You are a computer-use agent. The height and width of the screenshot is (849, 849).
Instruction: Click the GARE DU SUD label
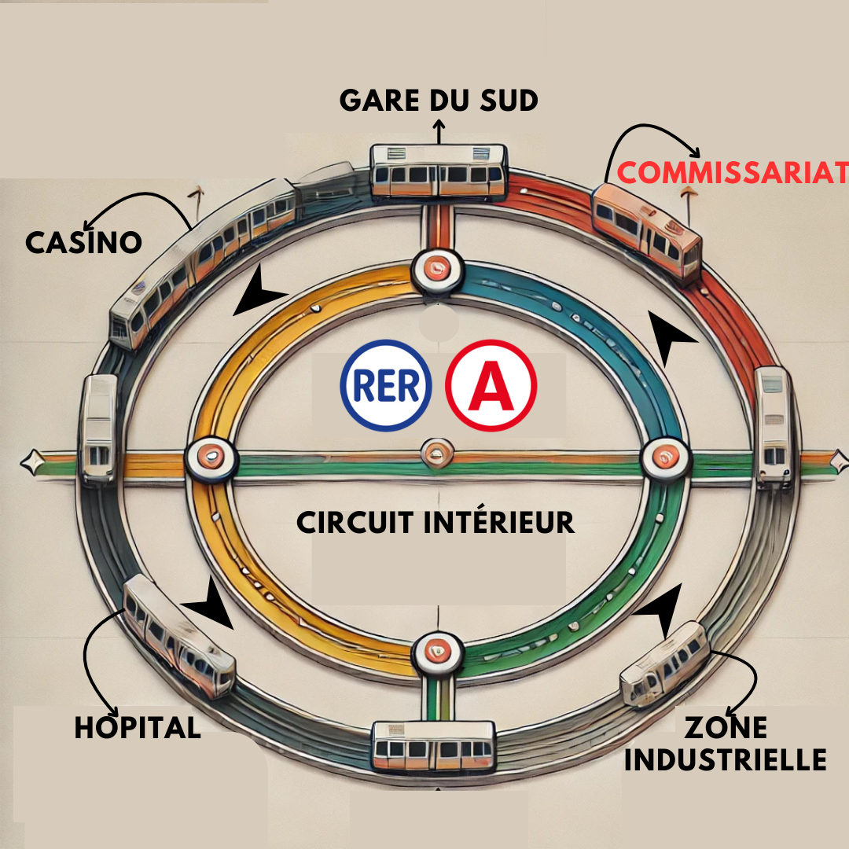coord(439,100)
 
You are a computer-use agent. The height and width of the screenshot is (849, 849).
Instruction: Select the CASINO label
coord(84,242)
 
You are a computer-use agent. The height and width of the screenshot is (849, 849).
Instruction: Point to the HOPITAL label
coord(138,726)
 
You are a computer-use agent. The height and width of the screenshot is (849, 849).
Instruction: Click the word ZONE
coord(726,727)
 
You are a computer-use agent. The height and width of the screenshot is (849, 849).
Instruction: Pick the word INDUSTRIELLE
coord(726,759)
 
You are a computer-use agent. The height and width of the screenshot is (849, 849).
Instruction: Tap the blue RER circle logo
coord(386,385)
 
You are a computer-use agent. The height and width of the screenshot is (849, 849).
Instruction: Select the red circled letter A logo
coord(491,385)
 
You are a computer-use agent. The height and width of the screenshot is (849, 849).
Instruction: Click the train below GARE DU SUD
coord(439,171)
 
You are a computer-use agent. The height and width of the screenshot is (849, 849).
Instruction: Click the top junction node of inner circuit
coord(438,270)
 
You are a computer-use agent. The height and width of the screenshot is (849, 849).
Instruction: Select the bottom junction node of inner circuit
coord(438,652)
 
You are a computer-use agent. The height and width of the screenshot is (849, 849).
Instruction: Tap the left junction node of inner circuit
coord(211,458)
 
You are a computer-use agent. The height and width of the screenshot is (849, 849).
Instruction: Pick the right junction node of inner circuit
coord(665,458)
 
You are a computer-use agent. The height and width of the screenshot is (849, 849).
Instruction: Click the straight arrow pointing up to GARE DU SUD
coord(439,131)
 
